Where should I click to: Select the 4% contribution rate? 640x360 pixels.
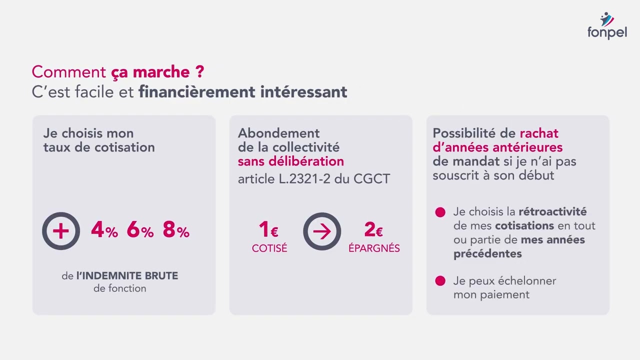[104, 229]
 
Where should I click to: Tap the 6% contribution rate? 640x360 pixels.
[140, 229]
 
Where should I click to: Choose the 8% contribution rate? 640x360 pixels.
[176, 229]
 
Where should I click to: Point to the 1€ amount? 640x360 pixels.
[268, 229]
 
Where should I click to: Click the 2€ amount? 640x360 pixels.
[373, 229]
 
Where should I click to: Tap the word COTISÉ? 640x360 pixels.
[269, 248]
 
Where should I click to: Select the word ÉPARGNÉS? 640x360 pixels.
[374, 247]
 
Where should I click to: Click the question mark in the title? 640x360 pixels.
[200, 71]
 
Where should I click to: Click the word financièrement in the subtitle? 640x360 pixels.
[197, 92]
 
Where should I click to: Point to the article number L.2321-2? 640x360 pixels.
[304, 179]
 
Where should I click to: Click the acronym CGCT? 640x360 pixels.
[371, 179]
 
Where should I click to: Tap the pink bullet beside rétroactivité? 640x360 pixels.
[440, 212]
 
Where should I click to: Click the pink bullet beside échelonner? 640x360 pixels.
[440, 281]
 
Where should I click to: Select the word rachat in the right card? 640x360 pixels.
[539, 133]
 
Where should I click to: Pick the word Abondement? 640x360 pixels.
[279, 133]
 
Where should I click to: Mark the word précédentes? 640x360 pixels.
[487, 254]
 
